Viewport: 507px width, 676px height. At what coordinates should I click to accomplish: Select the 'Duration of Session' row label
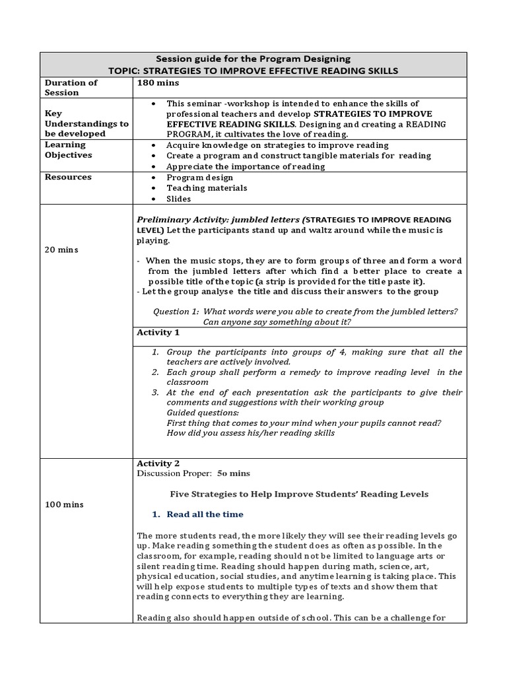[71, 88]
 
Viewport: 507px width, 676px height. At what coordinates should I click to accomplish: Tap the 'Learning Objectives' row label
[68, 150]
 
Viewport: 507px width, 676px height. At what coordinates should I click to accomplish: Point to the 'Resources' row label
[68, 177]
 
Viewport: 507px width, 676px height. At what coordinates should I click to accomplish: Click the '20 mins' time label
[61, 250]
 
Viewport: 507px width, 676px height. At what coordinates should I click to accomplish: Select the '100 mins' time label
[64, 504]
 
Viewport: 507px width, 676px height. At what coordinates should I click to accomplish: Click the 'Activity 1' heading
[158, 333]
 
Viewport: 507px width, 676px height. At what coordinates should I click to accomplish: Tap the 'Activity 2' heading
[158, 463]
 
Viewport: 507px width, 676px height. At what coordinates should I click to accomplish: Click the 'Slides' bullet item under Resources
[178, 199]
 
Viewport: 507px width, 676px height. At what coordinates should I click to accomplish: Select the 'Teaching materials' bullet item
[207, 188]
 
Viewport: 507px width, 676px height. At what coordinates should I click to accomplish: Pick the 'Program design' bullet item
[199, 178]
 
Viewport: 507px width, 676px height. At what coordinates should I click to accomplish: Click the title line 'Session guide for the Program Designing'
[253, 59]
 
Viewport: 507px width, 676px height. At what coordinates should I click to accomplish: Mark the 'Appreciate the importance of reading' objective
[246, 166]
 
